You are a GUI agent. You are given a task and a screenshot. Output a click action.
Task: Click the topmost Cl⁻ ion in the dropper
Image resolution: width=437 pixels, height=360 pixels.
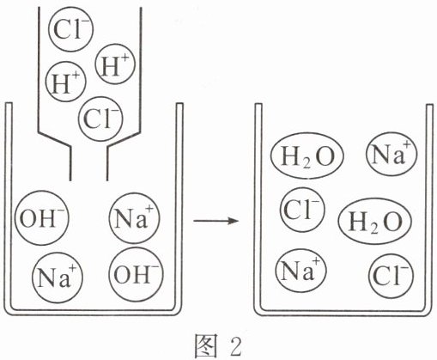pyautogui.click(x=70, y=29)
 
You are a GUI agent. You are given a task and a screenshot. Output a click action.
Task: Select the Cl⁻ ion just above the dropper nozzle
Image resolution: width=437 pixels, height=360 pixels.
pyautogui.click(x=100, y=119)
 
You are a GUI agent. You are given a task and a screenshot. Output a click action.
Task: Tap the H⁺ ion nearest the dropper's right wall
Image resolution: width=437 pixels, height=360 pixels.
pyautogui.click(x=114, y=64)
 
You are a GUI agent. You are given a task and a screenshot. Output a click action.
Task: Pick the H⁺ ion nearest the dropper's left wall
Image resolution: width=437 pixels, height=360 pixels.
pyautogui.click(x=65, y=82)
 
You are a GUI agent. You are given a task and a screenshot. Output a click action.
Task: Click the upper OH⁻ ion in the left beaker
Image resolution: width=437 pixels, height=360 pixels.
pyautogui.click(x=42, y=218)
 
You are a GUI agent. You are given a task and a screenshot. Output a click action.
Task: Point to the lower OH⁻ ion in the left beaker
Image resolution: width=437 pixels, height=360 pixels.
pyautogui.click(x=137, y=274)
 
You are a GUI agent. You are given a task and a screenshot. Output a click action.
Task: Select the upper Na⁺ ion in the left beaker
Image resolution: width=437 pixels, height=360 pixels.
pyautogui.click(x=134, y=218)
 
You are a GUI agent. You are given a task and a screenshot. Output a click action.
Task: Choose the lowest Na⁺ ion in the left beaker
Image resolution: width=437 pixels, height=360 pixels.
pyautogui.click(x=58, y=278)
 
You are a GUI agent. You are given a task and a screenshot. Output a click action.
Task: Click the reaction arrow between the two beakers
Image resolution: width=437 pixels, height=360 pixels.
pyautogui.click(x=216, y=221)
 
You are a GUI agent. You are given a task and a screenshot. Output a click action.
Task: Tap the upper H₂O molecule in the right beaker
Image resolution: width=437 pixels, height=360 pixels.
pyautogui.click(x=307, y=156)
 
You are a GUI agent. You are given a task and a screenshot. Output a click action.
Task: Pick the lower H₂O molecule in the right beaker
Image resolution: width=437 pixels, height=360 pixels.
pyautogui.click(x=374, y=221)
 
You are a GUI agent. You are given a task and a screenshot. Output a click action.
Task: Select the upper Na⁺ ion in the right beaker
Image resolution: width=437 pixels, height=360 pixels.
pyautogui.click(x=391, y=154)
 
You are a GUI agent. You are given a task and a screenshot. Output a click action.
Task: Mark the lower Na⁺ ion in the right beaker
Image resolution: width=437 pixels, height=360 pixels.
pyautogui.click(x=300, y=271)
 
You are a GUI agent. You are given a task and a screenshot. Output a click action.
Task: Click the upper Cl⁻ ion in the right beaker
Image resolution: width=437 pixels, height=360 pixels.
pyautogui.click(x=302, y=210)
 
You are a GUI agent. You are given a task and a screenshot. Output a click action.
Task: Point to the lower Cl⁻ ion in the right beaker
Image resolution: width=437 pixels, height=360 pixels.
pyautogui.click(x=391, y=275)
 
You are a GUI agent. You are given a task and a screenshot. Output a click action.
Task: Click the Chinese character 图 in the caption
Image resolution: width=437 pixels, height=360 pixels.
pyautogui.click(x=205, y=345)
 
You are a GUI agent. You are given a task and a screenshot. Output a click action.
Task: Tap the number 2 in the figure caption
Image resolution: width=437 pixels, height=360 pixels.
pyautogui.click(x=235, y=346)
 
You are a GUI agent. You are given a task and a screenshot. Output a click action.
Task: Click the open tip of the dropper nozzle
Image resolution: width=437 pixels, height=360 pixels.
pyautogui.click(x=89, y=180)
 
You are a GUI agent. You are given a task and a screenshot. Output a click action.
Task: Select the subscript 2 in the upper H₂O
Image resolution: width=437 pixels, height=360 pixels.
pyautogui.click(x=307, y=163)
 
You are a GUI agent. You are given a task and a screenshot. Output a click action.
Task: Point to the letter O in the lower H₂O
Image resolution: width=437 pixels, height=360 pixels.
pyautogui.click(x=392, y=222)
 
